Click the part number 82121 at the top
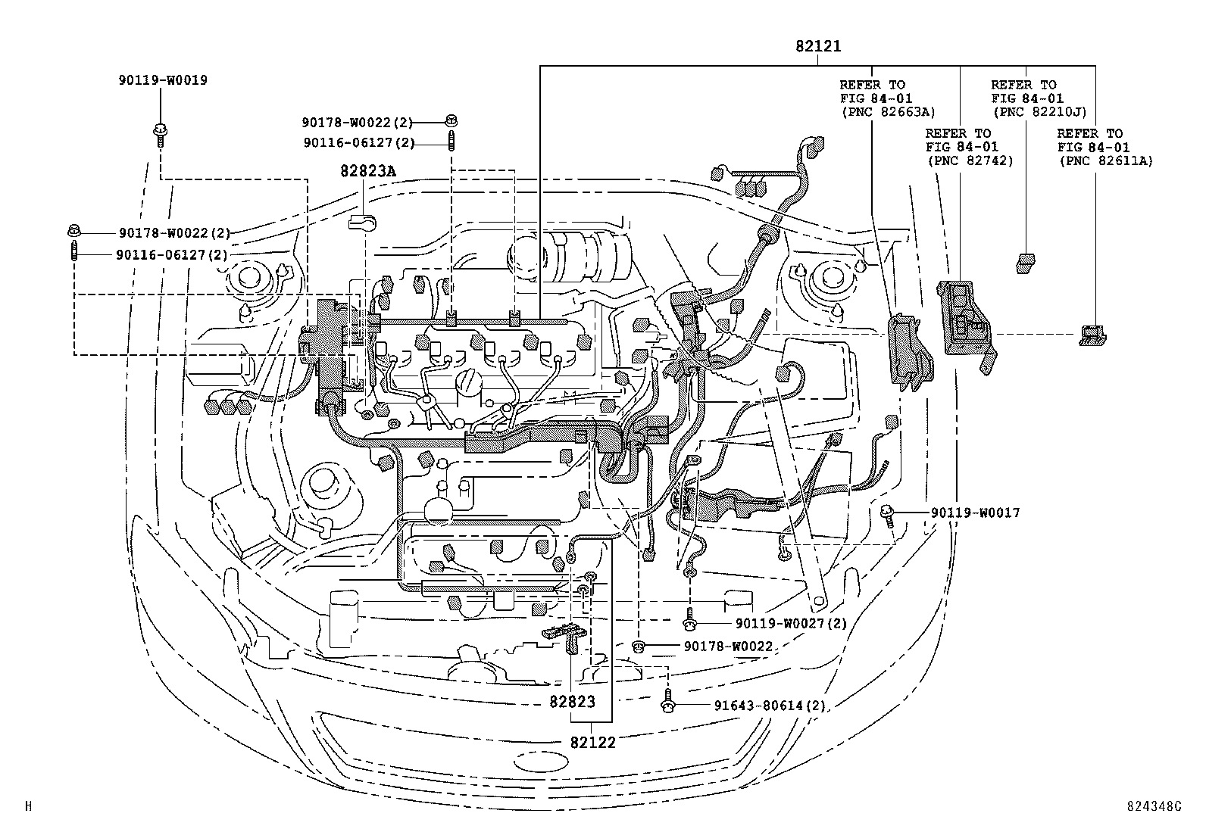[818, 46]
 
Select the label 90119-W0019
[162, 79]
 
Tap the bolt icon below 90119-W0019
[161, 132]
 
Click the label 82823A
[367, 171]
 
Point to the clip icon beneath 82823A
[363, 223]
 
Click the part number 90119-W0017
[975, 513]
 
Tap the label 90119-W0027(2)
[790, 623]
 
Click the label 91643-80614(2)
[769, 706]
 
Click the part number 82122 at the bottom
[594, 743]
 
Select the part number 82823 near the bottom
[573, 702]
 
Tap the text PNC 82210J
[1039, 112]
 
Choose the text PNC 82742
[969, 160]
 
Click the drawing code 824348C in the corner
[1153, 806]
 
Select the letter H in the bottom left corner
[28, 806]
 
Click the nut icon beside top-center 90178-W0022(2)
[451, 120]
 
